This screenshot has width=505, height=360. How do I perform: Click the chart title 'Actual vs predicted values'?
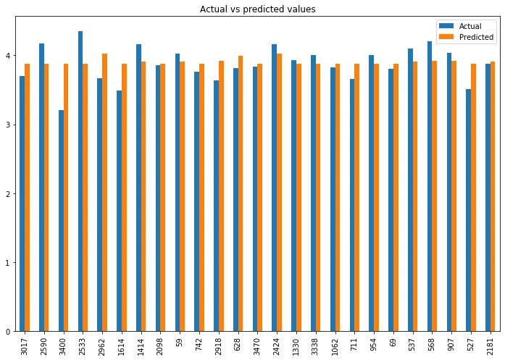pos(257,9)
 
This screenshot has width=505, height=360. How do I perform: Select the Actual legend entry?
pos(470,26)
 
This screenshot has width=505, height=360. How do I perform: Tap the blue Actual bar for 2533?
pos(80,181)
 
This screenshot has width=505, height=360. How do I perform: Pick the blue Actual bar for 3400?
pos(61,221)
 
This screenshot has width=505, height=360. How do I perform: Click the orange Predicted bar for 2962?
pos(104,193)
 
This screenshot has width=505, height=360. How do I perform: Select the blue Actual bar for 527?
pos(468,210)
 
